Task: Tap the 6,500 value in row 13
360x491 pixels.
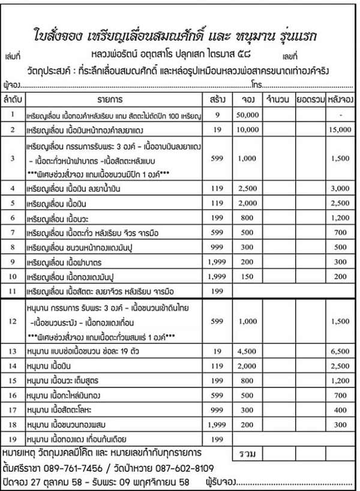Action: (340, 348)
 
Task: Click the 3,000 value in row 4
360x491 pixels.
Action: (340, 189)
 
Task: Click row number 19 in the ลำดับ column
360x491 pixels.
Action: (13, 438)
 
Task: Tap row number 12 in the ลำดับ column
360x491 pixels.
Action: (13, 322)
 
